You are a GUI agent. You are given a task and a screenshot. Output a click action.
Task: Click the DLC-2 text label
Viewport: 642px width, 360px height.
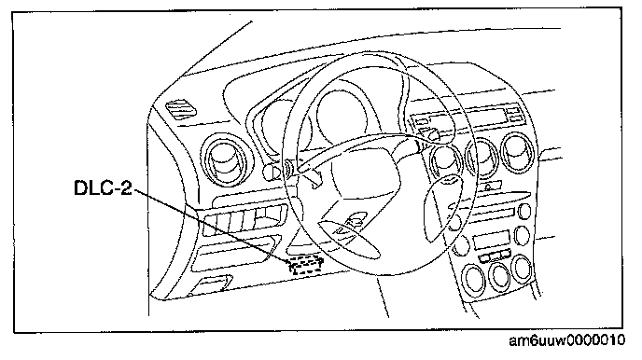tap(103, 187)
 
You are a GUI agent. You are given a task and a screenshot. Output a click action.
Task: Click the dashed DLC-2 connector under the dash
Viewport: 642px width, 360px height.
tap(306, 265)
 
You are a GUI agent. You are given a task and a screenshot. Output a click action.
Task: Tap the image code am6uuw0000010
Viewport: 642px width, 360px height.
tap(567, 340)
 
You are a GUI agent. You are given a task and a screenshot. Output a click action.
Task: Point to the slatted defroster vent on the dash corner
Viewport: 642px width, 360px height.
tap(181, 109)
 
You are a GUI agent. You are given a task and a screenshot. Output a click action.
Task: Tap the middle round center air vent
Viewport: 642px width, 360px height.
tap(483, 158)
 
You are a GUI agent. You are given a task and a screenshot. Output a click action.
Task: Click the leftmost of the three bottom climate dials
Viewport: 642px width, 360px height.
tap(473, 278)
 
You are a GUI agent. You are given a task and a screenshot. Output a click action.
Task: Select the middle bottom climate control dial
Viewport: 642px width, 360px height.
tap(499, 276)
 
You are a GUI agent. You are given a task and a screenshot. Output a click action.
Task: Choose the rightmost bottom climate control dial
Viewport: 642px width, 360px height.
tap(522, 269)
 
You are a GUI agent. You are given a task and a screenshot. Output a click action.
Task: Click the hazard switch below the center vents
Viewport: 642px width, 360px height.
tap(488, 187)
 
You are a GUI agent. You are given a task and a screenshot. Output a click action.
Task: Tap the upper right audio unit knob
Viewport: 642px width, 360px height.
tap(523, 212)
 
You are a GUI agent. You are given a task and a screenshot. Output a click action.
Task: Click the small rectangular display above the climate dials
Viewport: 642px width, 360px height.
tap(492, 240)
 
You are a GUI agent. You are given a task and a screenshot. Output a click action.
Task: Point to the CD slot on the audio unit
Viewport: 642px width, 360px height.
tap(493, 213)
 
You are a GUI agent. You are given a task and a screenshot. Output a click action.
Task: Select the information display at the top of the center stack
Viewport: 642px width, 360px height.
tap(467, 116)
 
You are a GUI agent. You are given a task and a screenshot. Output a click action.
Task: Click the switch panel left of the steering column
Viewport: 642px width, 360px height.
tap(244, 220)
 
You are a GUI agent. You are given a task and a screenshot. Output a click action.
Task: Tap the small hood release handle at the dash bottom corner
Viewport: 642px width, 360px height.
tap(212, 284)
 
